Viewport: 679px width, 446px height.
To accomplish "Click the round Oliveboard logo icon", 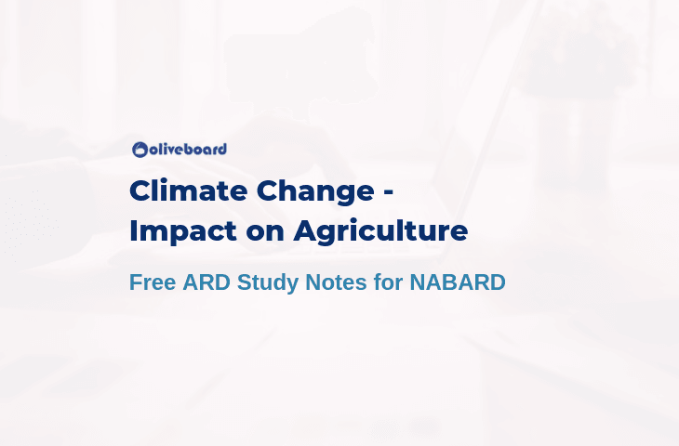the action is pos(140,150).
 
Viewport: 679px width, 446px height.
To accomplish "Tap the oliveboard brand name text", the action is pos(188,150).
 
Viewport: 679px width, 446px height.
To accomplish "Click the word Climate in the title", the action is pos(189,190).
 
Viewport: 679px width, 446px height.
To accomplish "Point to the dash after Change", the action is pos(389,192).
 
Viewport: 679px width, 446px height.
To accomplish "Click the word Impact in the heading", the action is pos(182,232).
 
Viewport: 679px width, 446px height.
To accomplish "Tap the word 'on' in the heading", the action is pos(265,233).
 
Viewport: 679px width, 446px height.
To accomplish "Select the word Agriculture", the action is pos(380,232).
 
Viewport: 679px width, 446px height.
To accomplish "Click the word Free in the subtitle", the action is pos(153,282).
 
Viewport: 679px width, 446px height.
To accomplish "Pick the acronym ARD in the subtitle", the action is pos(206,282).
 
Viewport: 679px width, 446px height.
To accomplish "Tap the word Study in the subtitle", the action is pos(268,283).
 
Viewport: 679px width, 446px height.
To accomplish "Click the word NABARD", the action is pos(458,282).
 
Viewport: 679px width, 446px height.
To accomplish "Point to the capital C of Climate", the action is pos(141,190).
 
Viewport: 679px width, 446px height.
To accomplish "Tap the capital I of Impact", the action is pos(132,231).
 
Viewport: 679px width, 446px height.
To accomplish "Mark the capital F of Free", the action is pos(136,282).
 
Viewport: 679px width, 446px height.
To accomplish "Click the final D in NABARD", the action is pos(498,282).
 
